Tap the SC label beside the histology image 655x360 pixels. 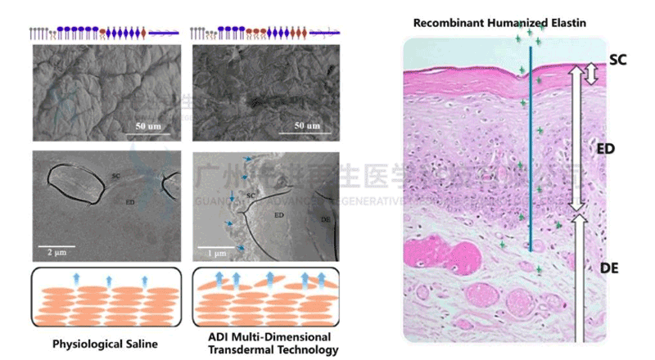coord(618,59)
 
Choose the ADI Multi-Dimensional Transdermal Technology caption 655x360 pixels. coord(264,344)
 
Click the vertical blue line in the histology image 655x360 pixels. coord(531,147)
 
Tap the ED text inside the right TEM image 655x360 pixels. coord(278,214)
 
